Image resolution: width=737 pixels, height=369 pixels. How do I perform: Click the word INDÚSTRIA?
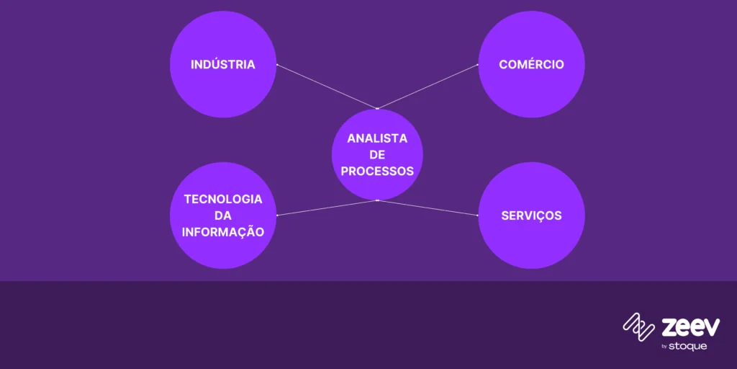tap(223, 64)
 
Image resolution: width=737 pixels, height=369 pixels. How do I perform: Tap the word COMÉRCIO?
tap(531, 64)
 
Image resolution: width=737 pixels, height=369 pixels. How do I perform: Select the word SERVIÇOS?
tap(531, 215)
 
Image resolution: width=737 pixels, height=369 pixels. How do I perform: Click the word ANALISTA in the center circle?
tap(377, 138)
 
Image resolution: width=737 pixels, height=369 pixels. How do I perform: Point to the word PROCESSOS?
tap(377, 172)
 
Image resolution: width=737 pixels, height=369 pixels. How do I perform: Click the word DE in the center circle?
tap(377, 155)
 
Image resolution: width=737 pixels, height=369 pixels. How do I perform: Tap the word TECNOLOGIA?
tap(223, 199)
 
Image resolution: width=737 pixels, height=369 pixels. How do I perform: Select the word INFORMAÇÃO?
tap(223, 232)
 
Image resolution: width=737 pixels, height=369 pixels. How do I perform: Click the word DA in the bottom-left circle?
tap(223, 215)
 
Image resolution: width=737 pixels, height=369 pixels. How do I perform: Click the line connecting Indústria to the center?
tap(327, 87)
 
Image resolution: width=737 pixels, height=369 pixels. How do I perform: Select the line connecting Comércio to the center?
tap(428, 87)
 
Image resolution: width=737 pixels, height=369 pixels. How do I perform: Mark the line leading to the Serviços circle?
tap(428, 208)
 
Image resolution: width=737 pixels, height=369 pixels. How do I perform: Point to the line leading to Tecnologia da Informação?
tap(327, 208)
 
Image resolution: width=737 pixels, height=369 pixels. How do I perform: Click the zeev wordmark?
tap(690, 327)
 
